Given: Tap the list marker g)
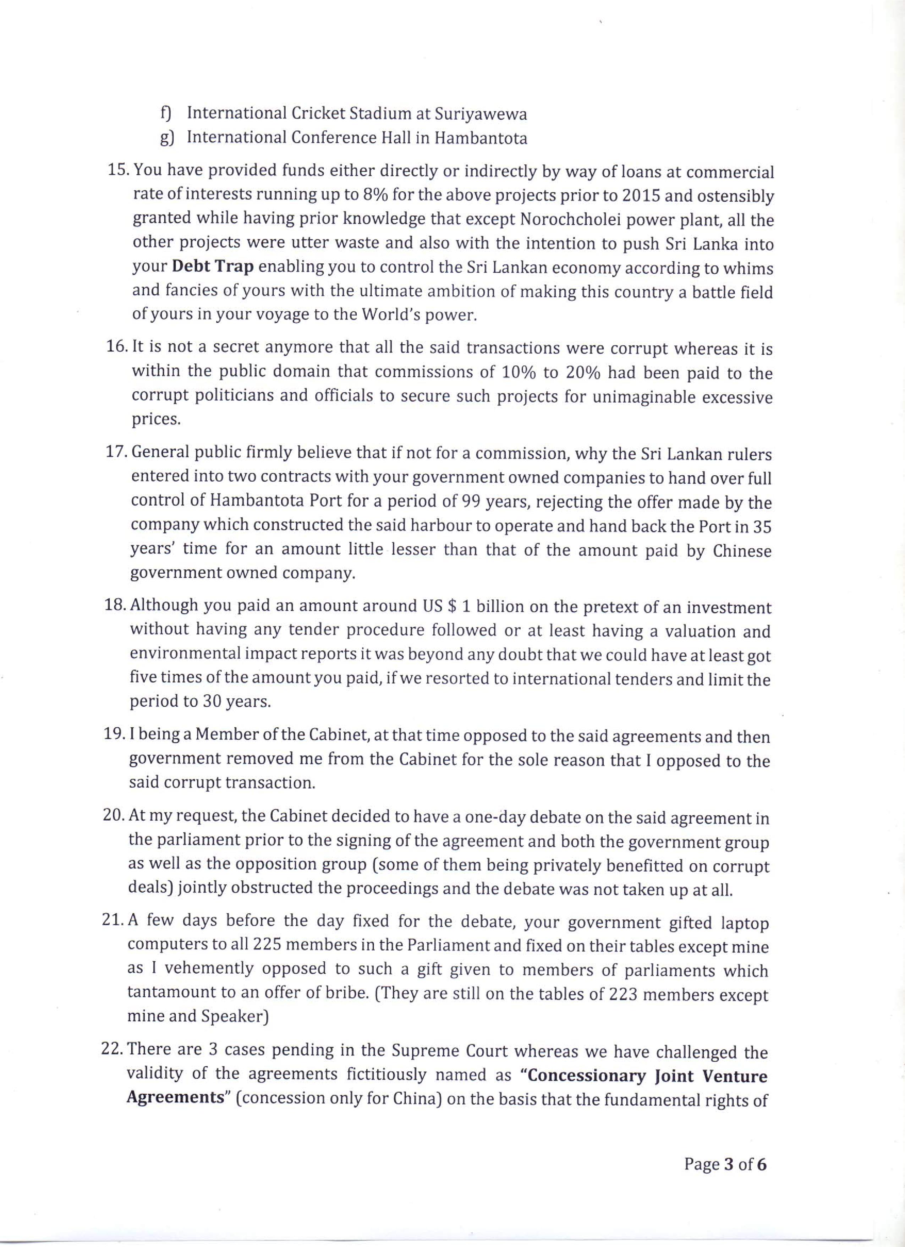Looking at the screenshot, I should pyautogui.click(x=166, y=138).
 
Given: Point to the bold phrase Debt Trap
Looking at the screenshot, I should pyautogui.click(x=212, y=268).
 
